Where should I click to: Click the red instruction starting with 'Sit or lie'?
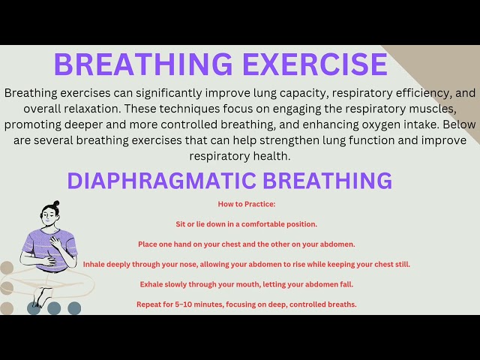[x=246, y=223]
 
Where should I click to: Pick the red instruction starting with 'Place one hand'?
[x=246, y=244]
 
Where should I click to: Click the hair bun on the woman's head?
[x=54, y=205]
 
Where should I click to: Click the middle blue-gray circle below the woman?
[x=54, y=308]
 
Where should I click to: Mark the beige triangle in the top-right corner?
[x=450, y=67]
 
